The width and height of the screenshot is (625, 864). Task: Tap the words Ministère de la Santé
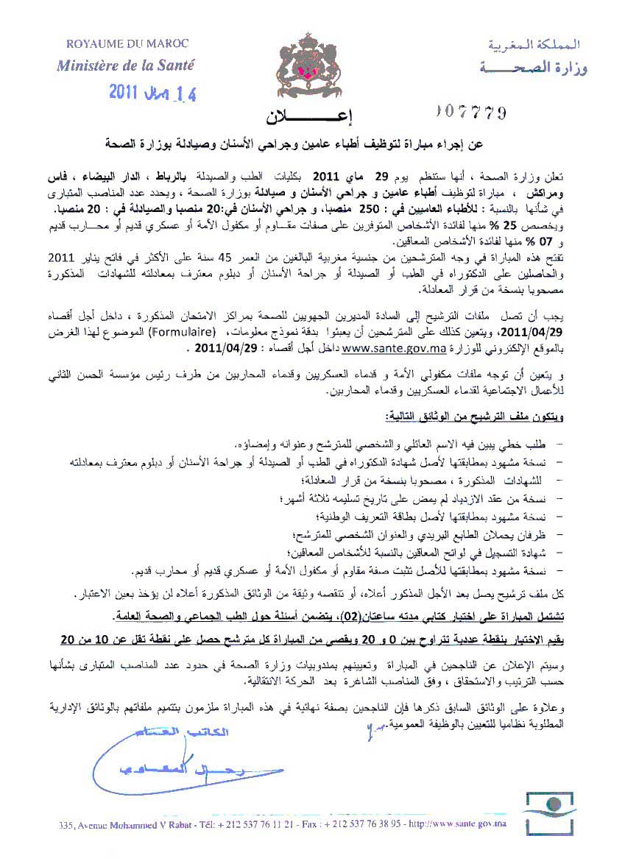(x=126, y=65)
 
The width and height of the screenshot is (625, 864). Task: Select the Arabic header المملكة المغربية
(x=533, y=46)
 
